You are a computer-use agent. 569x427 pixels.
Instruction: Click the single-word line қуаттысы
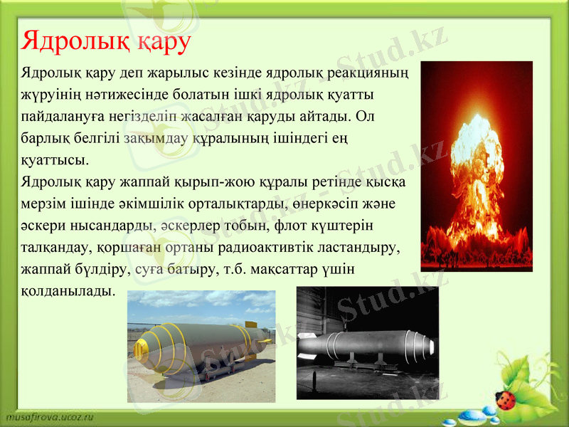point(55,158)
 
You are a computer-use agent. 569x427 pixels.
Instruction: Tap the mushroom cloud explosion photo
point(476,165)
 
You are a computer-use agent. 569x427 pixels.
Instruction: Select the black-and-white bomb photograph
point(367,342)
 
